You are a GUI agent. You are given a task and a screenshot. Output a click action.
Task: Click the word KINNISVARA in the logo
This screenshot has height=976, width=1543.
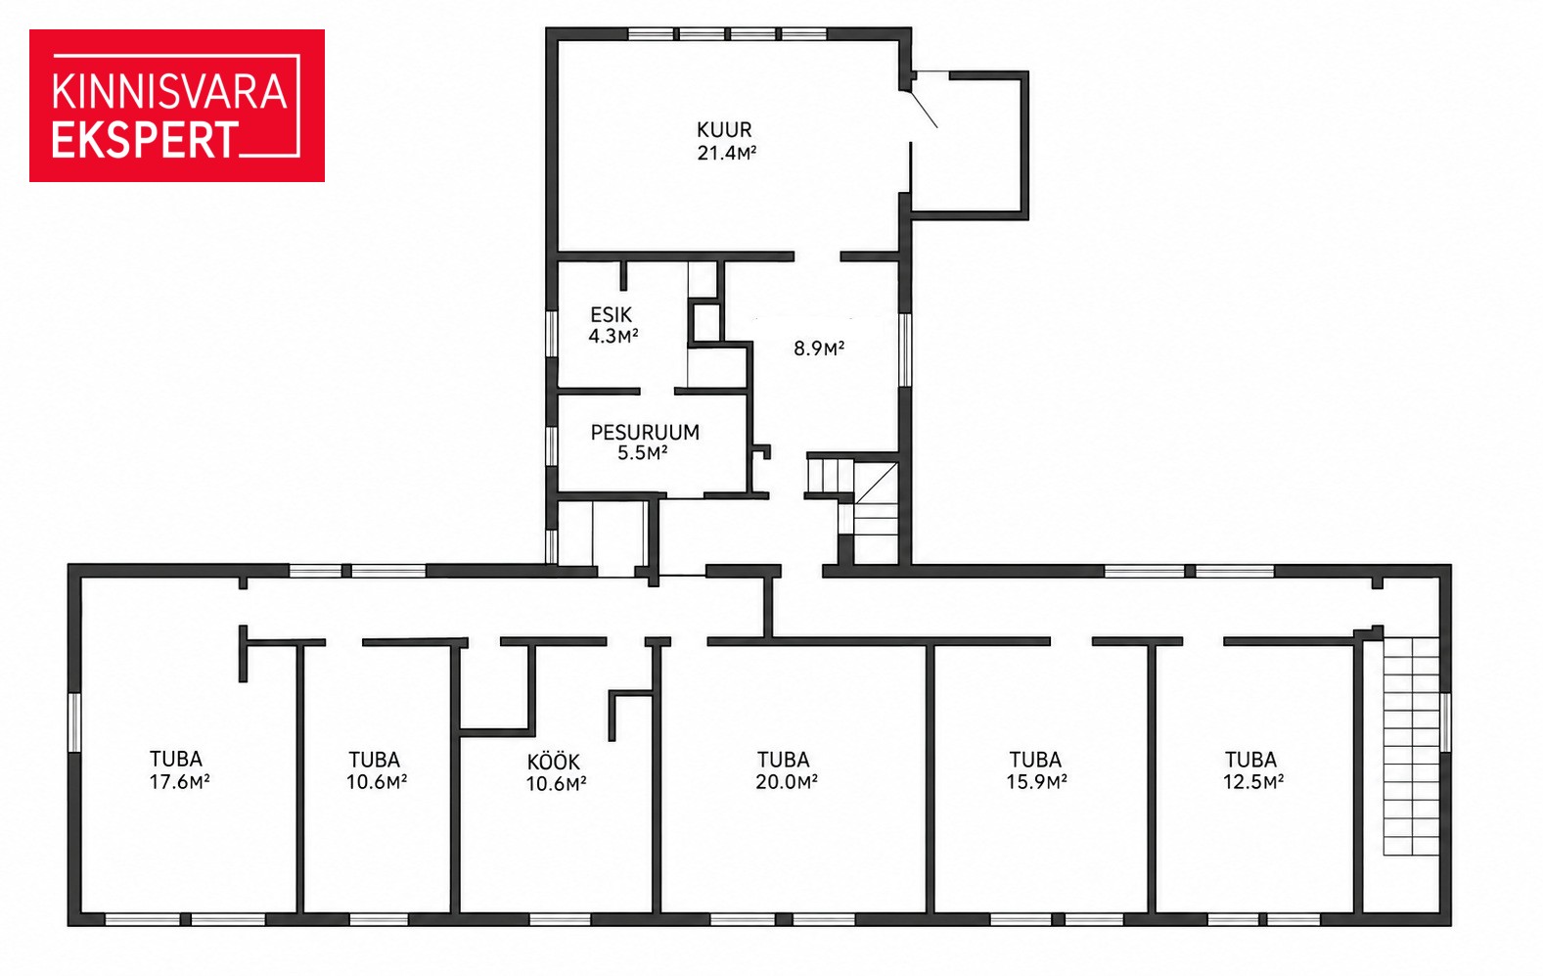click(x=169, y=92)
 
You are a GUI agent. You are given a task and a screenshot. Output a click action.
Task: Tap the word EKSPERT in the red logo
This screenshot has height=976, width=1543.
click(x=146, y=140)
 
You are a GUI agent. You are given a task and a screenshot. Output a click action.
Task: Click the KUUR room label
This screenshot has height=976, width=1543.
click(x=724, y=129)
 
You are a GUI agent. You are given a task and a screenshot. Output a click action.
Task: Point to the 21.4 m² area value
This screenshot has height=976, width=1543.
click(x=727, y=153)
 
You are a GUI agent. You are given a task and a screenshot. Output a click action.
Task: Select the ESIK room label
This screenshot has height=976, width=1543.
click(x=611, y=315)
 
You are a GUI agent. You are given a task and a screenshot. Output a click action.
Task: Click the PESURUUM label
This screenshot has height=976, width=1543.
click(x=645, y=432)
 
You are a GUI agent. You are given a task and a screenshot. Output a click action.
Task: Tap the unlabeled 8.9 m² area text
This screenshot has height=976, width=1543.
click(x=819, y=349)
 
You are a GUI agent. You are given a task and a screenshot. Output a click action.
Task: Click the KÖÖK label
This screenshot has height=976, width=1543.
click(x=554, y=762)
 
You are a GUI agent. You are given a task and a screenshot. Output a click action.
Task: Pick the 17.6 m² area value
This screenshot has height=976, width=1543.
click(x=180, y=782)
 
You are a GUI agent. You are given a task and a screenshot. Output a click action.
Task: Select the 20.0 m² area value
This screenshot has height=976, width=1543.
click(x=787, y=782)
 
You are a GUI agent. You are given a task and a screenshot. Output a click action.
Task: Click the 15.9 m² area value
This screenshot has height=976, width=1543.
click(x=1037, y=782)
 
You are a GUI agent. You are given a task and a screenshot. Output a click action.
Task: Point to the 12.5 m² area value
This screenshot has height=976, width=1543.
click(x=1253, y=782)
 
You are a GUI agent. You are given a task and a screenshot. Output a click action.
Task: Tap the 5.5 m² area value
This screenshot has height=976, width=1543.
click(x=643, y=453)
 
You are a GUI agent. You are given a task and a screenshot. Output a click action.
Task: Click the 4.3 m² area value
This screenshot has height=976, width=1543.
click(x=613, y=337)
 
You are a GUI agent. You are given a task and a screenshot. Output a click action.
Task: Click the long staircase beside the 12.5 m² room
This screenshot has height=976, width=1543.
click(x=1412, y=747)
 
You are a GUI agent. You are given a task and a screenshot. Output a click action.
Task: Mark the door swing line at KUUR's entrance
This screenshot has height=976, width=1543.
click(x=924, y=109)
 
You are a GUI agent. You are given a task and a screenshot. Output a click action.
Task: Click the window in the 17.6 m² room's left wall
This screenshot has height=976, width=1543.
click(x=74, y=722)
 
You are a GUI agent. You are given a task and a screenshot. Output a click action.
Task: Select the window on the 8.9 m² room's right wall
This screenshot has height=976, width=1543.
click(x=906, y=349)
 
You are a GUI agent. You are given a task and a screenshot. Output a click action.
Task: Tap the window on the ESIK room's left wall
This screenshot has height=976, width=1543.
click(x=551, y=334)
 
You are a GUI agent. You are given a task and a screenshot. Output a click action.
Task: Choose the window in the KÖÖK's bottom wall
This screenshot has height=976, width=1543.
click(x=560, y=919)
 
